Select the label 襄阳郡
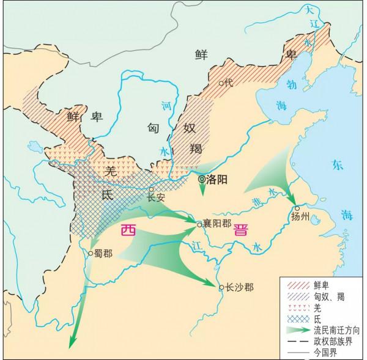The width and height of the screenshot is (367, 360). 218,224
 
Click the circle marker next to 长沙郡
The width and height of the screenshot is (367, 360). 221,286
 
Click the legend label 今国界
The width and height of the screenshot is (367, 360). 324,351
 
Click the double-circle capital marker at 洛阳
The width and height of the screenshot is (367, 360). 201,180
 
